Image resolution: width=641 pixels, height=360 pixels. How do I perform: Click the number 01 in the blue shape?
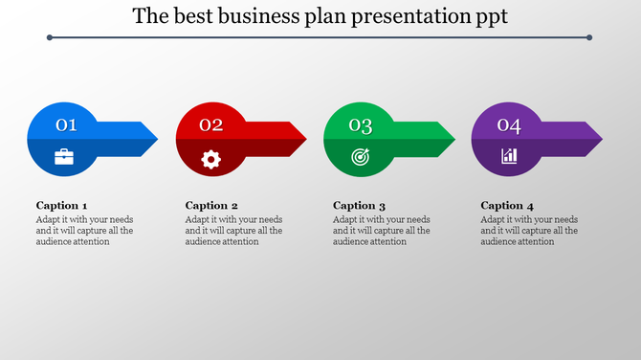pos(66,125)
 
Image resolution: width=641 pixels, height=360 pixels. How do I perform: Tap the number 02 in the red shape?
pos(211,125)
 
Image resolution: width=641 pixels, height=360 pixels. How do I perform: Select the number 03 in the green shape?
pos(360,125)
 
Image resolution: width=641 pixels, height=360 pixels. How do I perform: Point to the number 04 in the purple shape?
pos(508,125)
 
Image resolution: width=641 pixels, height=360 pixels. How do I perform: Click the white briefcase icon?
pos(64,156)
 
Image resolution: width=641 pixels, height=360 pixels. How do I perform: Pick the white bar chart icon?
pos(509,156)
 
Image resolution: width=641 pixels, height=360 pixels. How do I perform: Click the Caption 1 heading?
pos(62,205)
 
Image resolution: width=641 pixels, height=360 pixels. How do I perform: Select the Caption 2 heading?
pos(211,205)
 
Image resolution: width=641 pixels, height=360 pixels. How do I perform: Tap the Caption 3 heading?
pos(359,205)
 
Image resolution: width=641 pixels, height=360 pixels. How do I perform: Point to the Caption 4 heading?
pos(507,205)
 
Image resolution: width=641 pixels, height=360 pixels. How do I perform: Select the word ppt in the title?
pos(489,17)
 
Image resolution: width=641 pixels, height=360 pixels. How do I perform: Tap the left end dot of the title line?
pos(49,38)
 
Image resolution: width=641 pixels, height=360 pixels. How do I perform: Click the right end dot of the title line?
pos(589,38)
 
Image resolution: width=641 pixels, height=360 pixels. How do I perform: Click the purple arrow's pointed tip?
pos(601,139)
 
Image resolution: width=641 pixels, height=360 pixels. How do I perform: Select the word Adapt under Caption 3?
pos(345,219)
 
